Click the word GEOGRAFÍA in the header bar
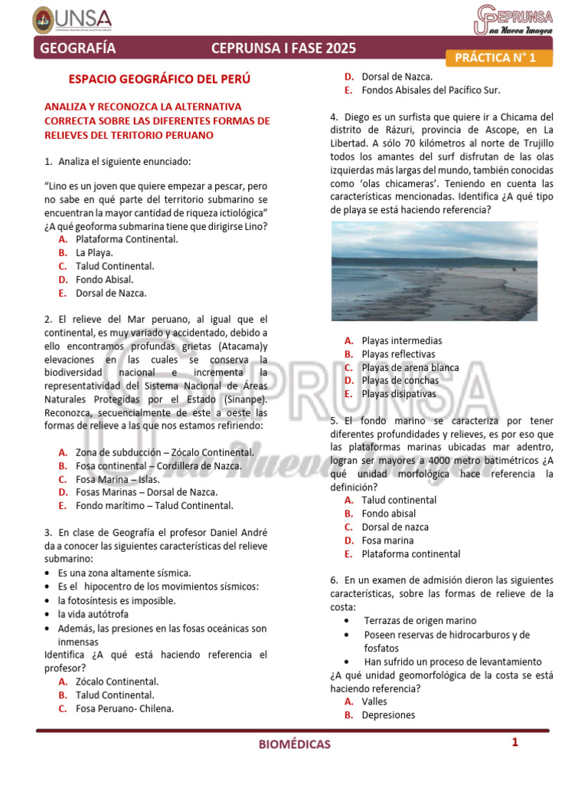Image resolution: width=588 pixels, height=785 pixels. (77, 49)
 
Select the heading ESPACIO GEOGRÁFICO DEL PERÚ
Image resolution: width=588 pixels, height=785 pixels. (159, 79)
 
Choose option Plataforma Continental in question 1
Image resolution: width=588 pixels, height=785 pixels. (126, 239)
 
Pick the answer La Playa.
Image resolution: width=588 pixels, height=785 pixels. (94, 252)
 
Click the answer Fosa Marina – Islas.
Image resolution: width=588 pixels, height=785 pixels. (117, 479)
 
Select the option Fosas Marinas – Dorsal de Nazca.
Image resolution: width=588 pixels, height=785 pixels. (146, 492)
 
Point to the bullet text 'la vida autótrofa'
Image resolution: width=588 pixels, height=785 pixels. (93, 614)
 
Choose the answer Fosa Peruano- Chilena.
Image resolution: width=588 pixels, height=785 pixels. (124, 708)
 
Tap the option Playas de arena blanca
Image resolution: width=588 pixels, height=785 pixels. (410, 367)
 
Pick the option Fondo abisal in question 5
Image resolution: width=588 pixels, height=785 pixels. (389, 514)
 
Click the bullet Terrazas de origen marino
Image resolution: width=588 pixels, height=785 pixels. (420, 621)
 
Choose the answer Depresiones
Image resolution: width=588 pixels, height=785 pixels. (388, 715)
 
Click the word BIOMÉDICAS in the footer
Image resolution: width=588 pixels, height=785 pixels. (294, 744)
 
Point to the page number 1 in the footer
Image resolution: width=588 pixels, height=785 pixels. (515, 742)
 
